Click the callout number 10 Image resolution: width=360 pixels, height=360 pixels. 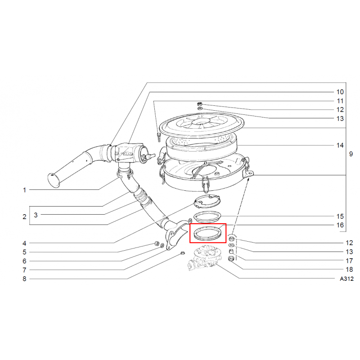(340, 92)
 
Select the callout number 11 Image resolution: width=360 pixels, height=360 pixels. (340, 101)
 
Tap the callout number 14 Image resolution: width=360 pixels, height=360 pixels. (340, 145)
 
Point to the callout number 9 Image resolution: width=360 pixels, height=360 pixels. (351, 154)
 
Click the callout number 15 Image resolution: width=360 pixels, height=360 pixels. (340, 216)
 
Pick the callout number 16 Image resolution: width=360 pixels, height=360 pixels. (340, 225)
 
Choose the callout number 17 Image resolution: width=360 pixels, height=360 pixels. (349, 261)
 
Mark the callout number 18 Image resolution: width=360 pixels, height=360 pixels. (349, 270)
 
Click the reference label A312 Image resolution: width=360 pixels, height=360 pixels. (346, 279)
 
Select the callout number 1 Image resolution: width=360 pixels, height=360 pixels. (24, 190)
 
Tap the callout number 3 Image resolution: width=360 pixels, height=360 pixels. (36, 215)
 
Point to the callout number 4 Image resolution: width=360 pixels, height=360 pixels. (24, 243)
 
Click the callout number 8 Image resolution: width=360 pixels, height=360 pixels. (24, 279)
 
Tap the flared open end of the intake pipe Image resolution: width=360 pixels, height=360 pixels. (54, 181)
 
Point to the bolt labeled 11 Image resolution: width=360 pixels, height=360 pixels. (158, 137)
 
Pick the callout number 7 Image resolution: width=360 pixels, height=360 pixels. (24, 270)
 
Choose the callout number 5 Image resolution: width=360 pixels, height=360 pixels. (24, 252)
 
